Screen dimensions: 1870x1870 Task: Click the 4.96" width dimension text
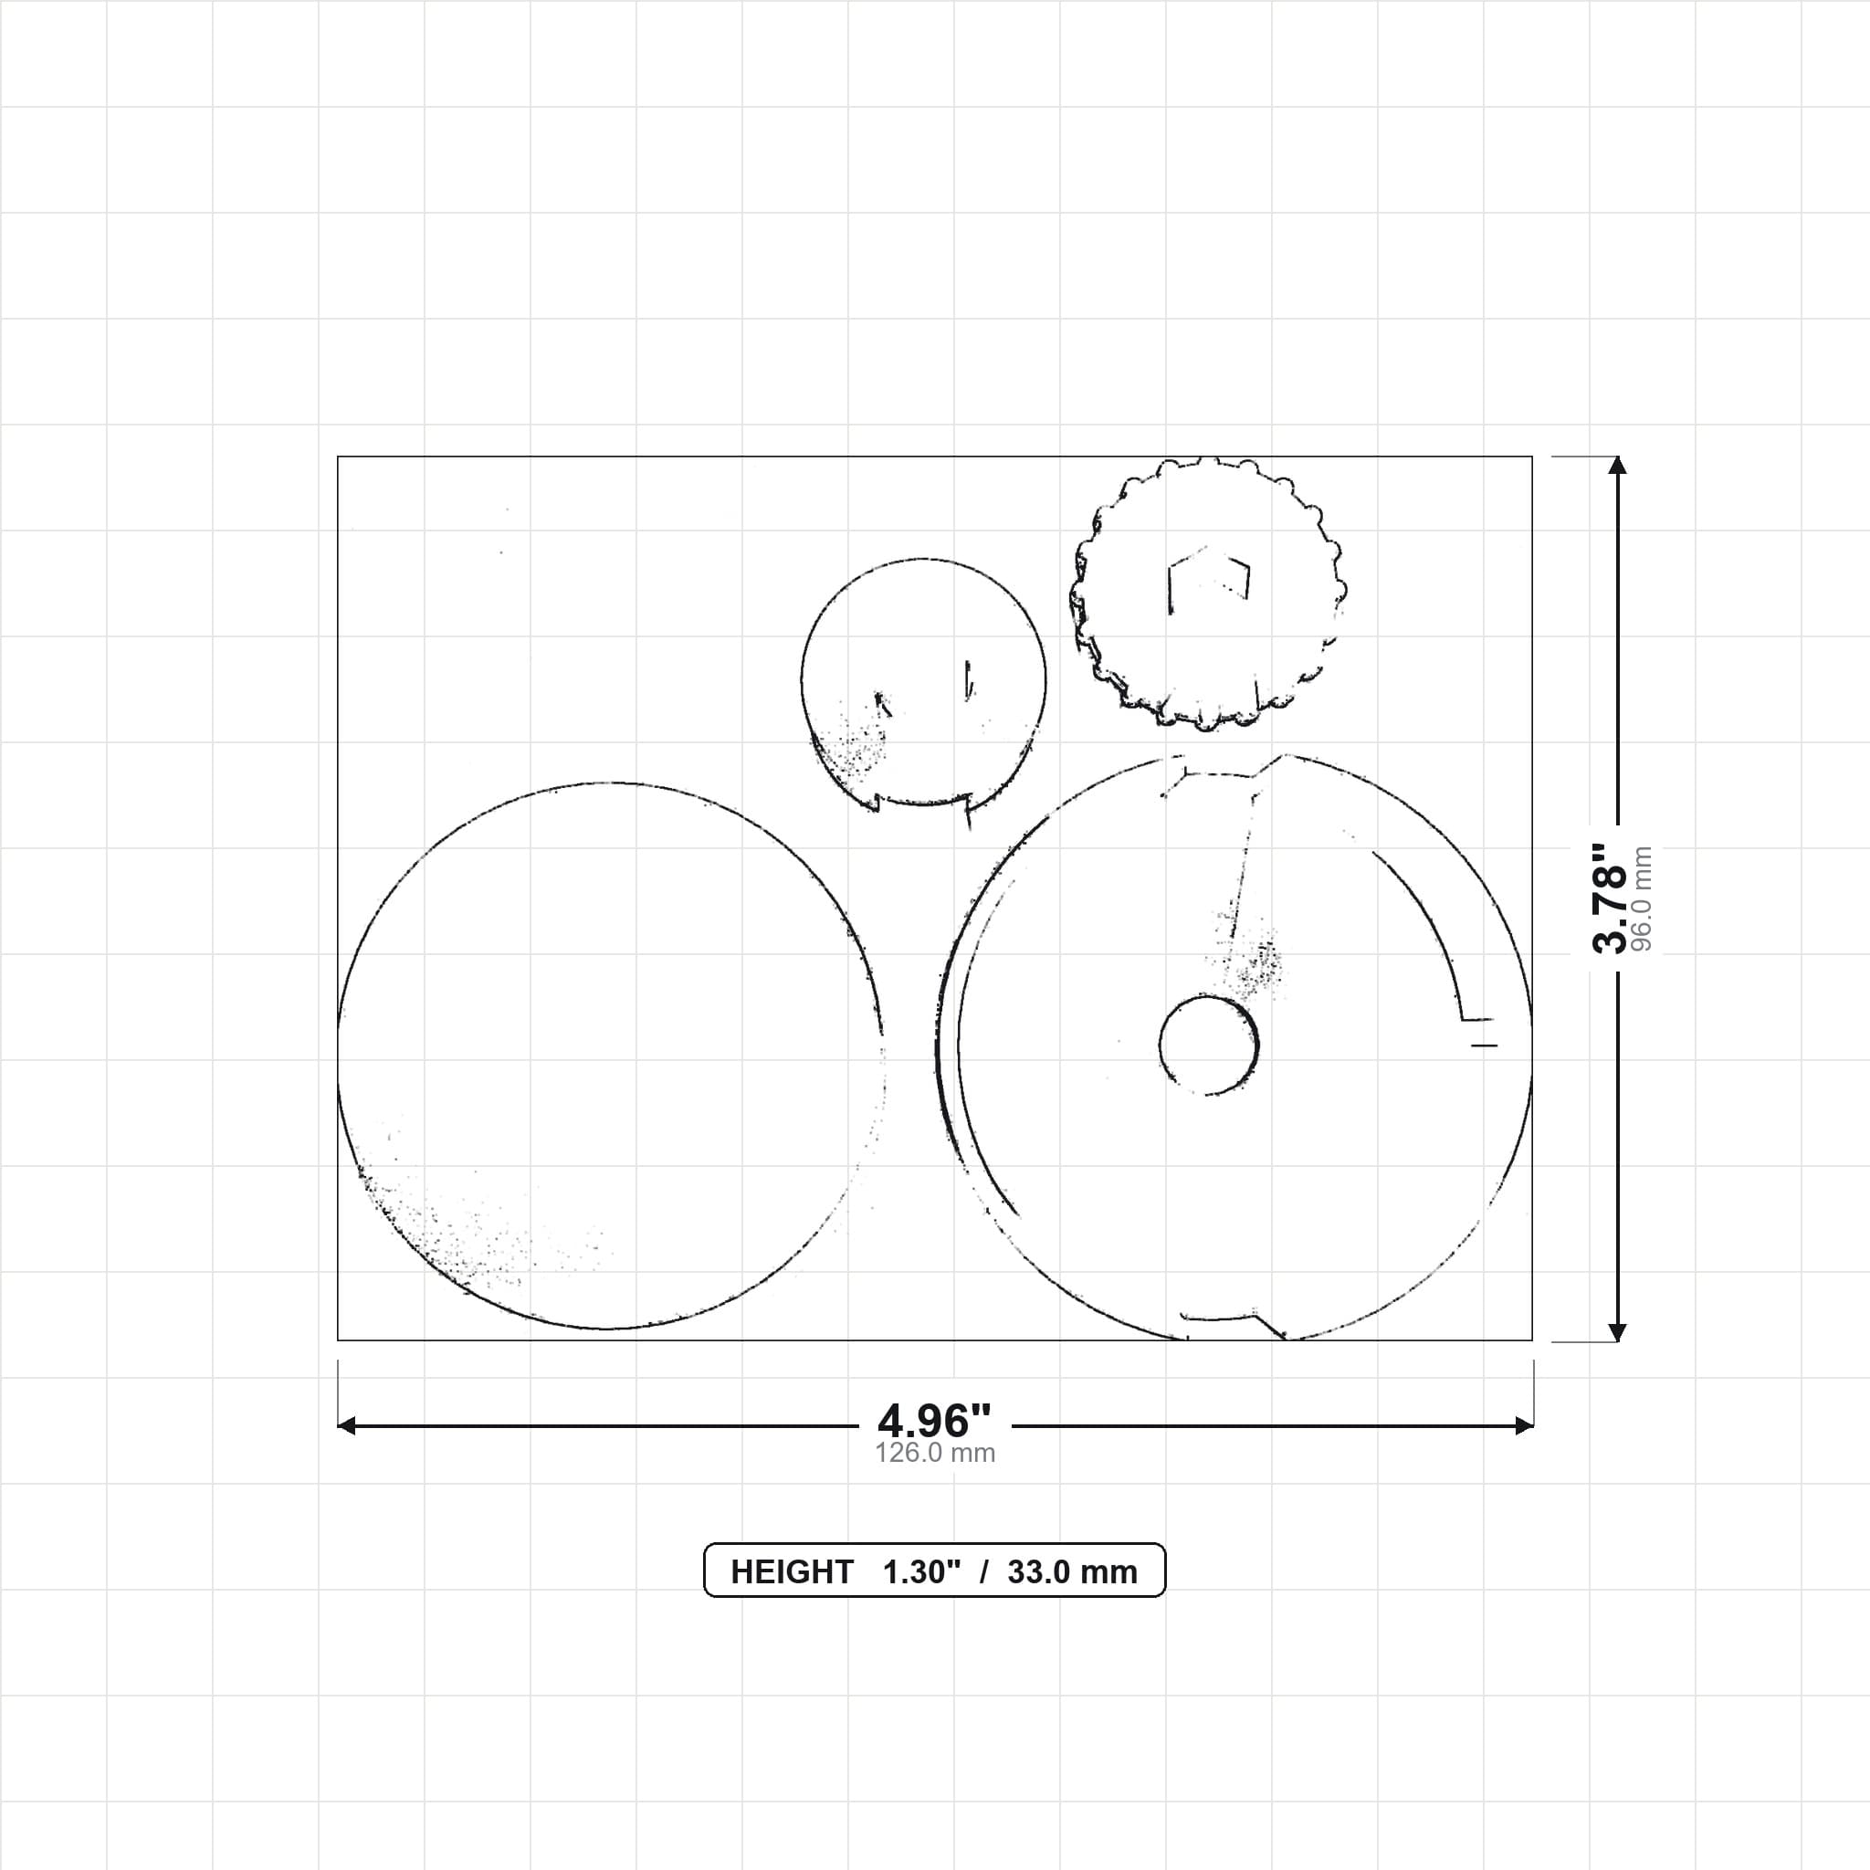coord(934,1421)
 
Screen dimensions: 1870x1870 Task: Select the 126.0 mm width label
coord(935,1453)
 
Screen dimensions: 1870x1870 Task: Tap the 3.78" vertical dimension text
coord(1610,898)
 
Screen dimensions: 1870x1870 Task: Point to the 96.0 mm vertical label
coord(1642,899)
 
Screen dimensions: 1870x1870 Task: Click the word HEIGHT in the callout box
coord(792,1572)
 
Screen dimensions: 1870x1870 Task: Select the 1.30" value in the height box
coord(921,1572)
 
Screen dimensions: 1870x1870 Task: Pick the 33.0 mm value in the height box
coord(1073,1572)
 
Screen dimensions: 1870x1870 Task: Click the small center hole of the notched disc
coord(1209,1045)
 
